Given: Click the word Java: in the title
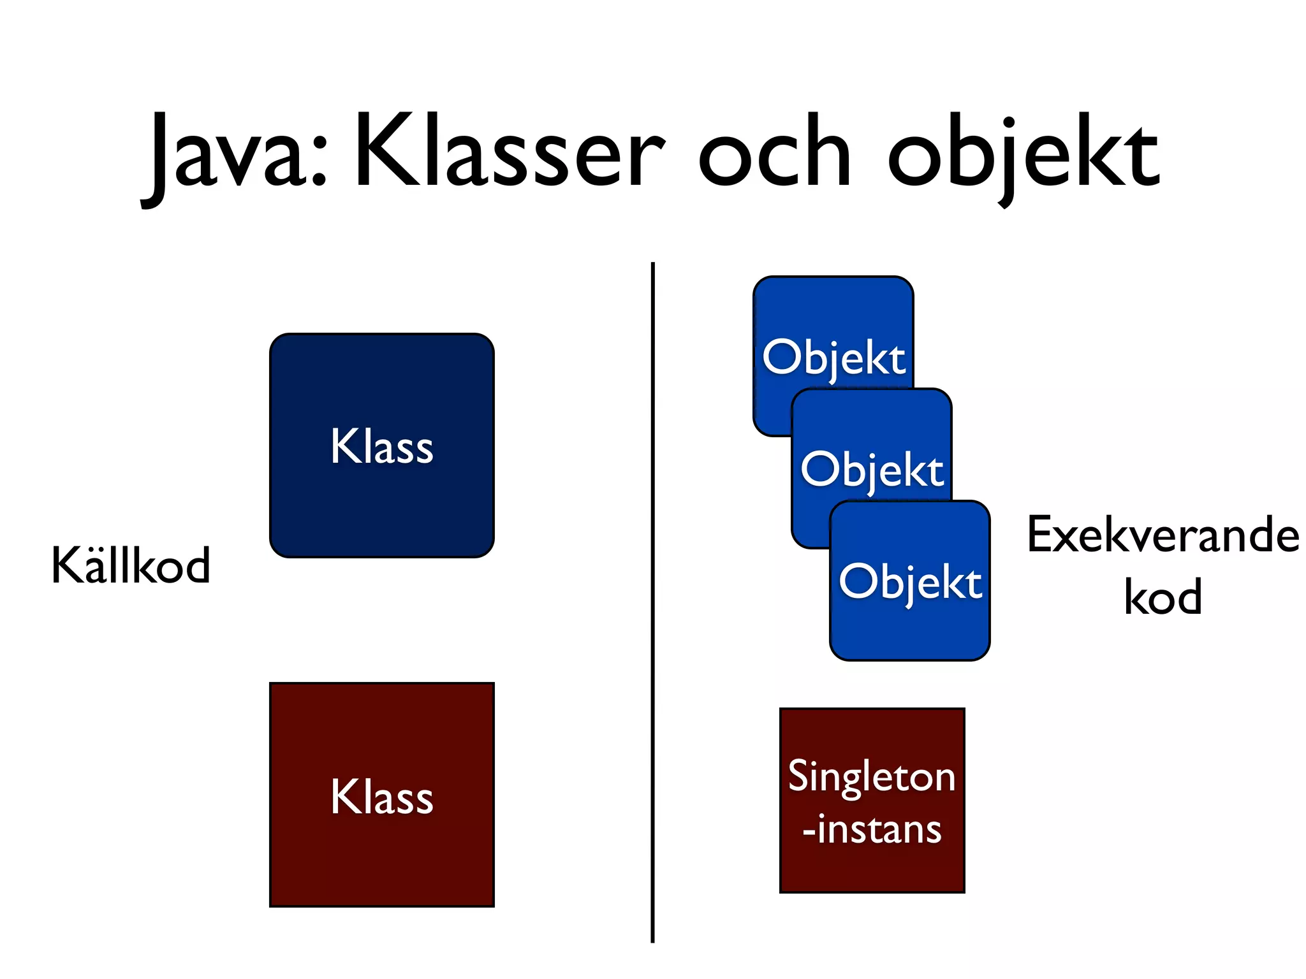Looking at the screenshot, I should point(236,156).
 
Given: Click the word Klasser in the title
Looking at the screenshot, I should point(510,153).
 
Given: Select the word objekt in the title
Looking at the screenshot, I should point(1024,156).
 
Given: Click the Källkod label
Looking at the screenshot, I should point(131,565).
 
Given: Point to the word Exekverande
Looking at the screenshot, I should point(1163,535).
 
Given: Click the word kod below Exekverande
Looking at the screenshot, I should point(1163,597).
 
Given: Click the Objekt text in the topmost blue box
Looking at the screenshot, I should point(833,358).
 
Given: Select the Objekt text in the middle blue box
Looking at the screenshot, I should point(872,470).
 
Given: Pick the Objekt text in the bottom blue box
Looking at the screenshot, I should point(910,582).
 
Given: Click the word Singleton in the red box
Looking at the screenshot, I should point(872,776).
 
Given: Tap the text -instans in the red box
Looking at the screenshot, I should point(872,830).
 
